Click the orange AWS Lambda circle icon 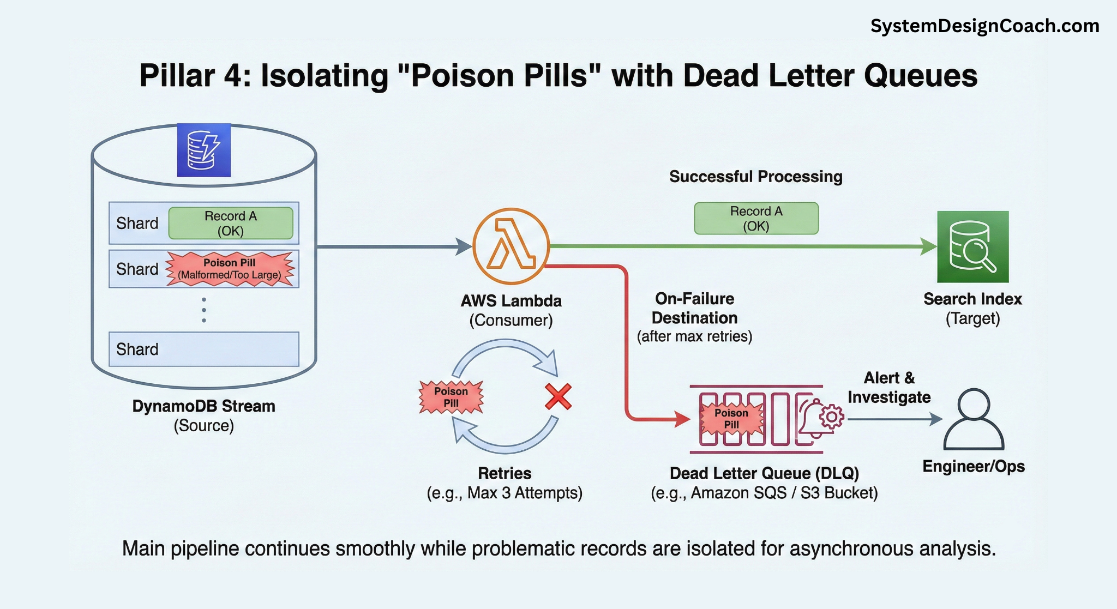(511, 246)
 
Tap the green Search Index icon (972, 247)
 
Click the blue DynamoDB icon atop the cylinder (203, 150)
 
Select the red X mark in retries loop (558, 396)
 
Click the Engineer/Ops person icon (974, 419)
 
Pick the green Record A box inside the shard (231, 223)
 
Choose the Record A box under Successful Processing (756, 219)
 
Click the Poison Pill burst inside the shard (230, 269)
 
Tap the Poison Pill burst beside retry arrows (451, 397)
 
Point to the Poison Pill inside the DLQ (731, 419)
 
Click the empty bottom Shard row (203, 349)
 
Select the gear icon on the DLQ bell (831, 417)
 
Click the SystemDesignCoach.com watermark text (984, 26)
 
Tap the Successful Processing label (755, 177)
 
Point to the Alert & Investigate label (889, 387)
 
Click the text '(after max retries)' (694, 336)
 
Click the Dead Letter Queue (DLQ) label (764, 473)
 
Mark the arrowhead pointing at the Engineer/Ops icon (936, 419)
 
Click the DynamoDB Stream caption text (203, 406)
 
